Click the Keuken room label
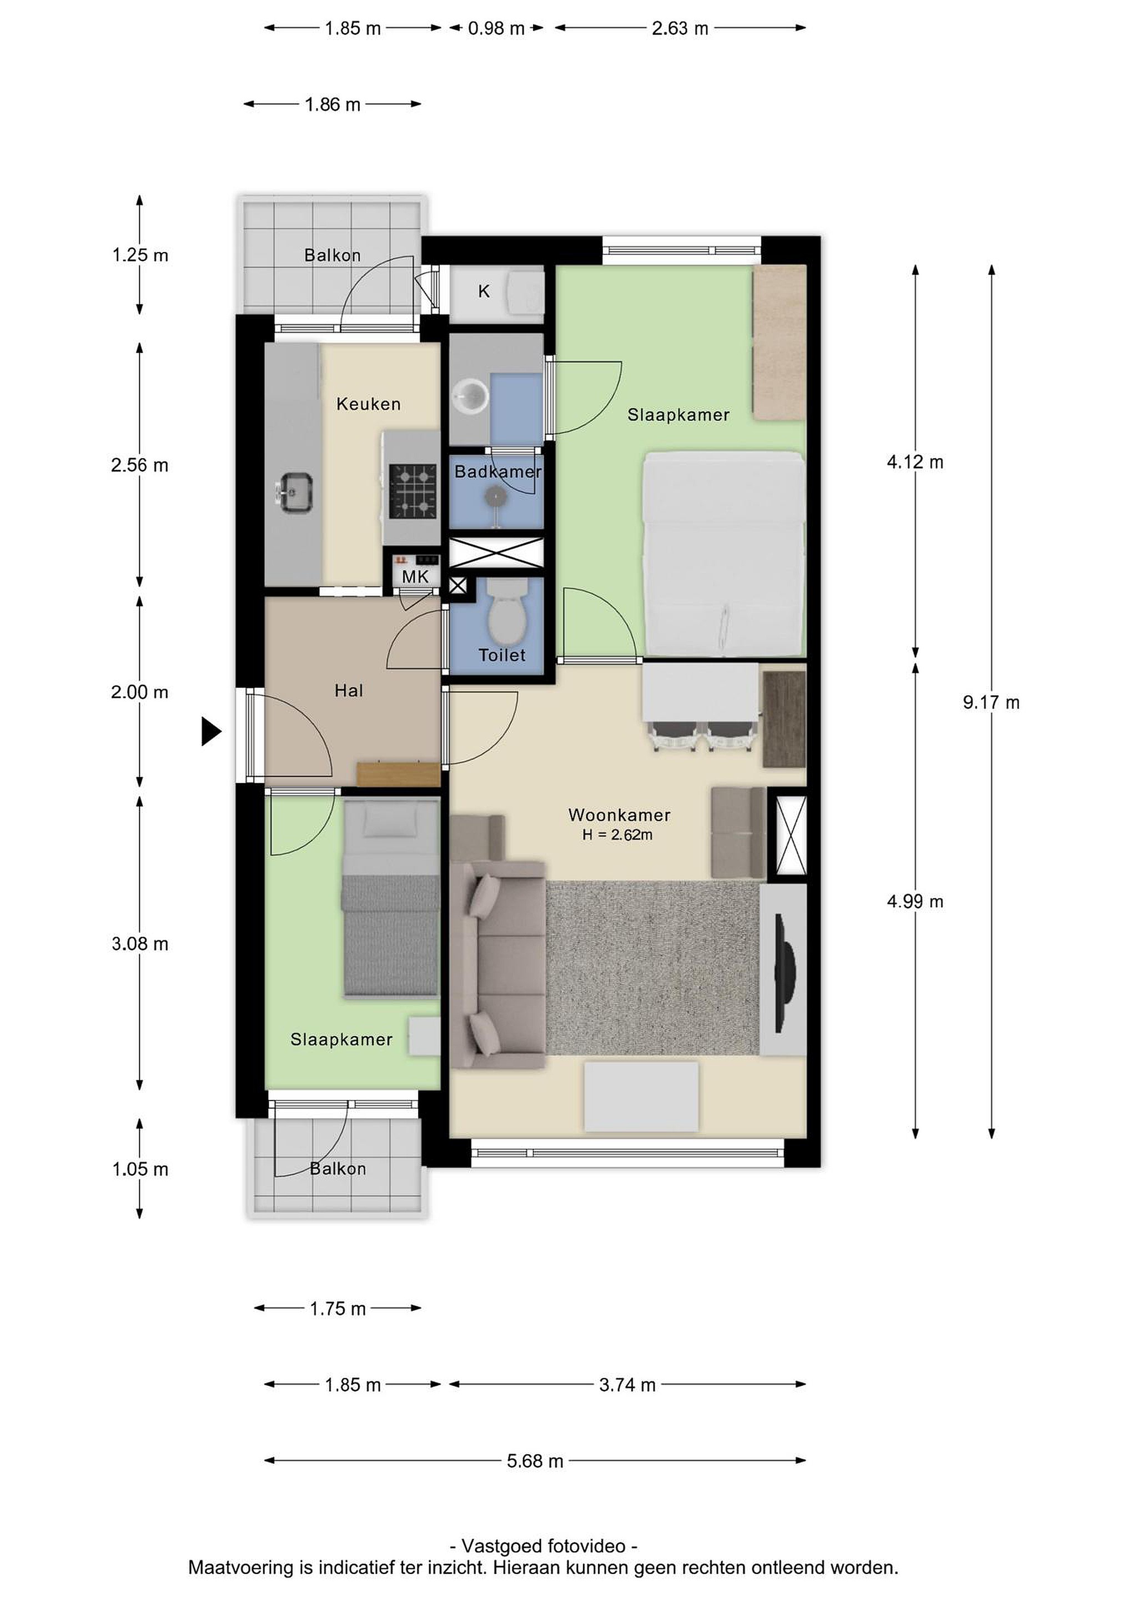click(369, 404)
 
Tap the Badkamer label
click(498, 471)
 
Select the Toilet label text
click(502, 655)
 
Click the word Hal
click(349, 690)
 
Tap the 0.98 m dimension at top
click(496, 28)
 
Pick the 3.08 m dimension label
click(140, 944)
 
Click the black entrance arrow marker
click(211, 731)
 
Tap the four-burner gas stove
click(413, 492)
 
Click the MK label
click(415, 577)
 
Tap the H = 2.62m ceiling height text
click(618, 834)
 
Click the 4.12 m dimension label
click(915, 462)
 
